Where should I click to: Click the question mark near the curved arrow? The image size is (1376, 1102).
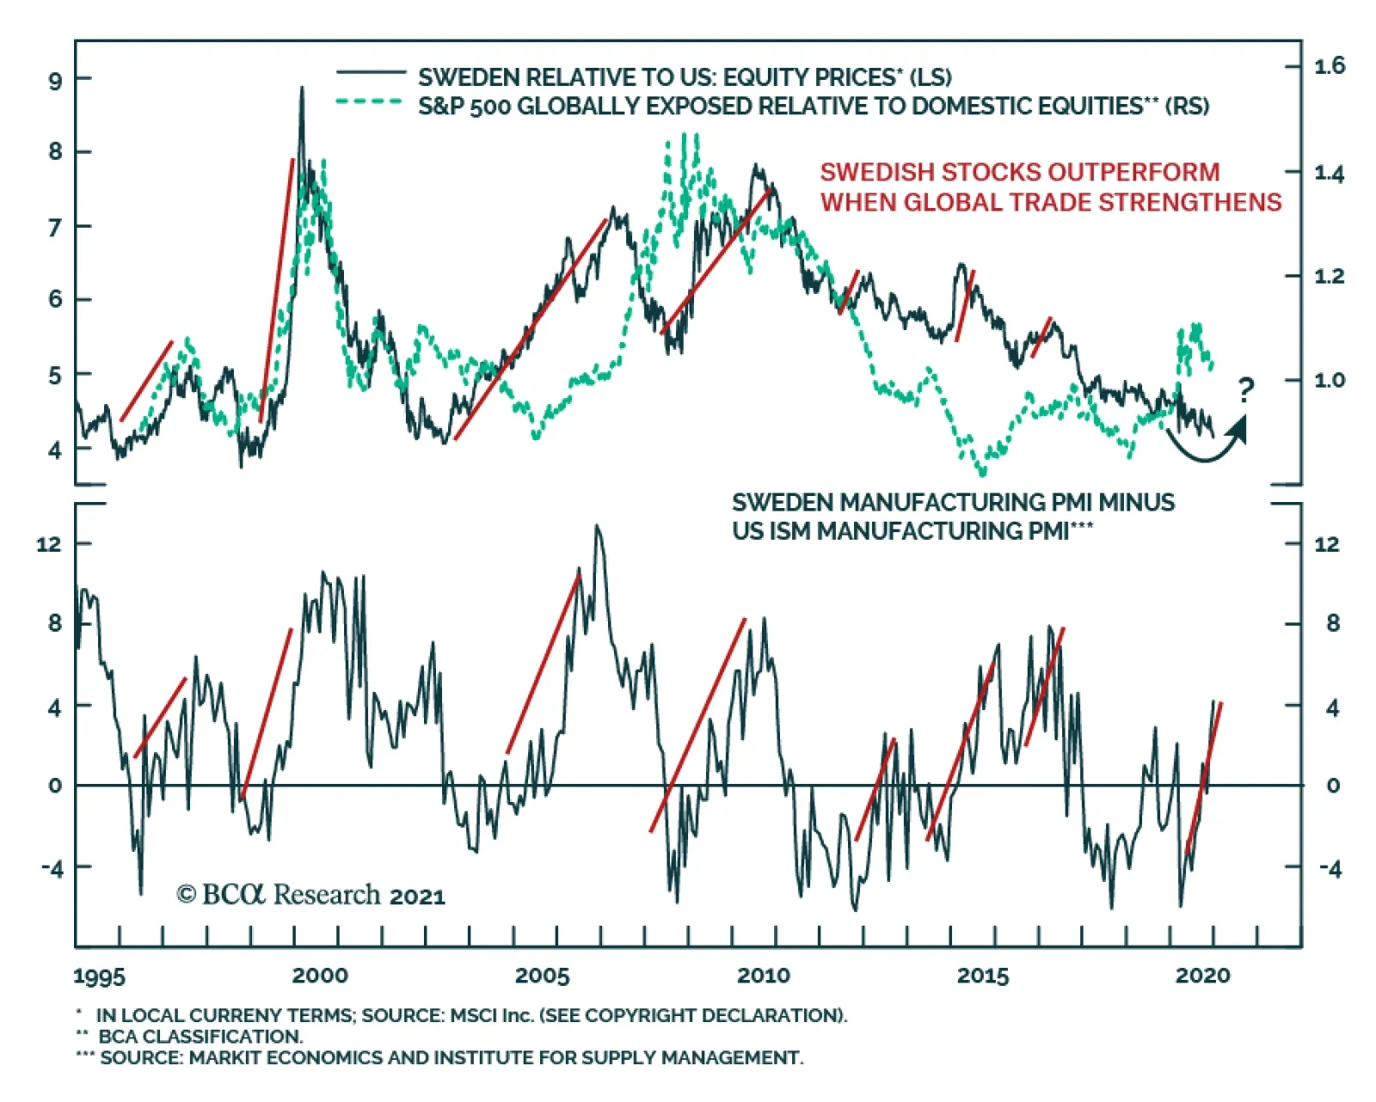click(1246, 390)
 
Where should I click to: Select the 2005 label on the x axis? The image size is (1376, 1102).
click(542, 976)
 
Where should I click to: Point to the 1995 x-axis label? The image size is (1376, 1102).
click(99, 976)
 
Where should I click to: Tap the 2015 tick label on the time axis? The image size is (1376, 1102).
click(983, 976)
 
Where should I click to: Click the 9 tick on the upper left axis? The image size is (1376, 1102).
click(56, 81)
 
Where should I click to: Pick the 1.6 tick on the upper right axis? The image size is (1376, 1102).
click(1330, 66)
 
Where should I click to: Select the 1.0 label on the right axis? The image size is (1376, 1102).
click(1330, 380)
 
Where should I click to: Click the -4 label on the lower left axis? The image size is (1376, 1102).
click(52, 868)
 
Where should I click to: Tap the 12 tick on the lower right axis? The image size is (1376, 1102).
click(1327, 543)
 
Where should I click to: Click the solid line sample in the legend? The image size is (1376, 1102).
click(371, 73)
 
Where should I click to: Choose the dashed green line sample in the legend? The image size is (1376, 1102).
click(371, 101)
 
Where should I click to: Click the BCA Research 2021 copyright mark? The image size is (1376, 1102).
click(311, 895)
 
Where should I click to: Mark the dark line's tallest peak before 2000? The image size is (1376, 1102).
click(302, 88)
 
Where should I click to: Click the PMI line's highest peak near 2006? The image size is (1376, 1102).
click(598, 526)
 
